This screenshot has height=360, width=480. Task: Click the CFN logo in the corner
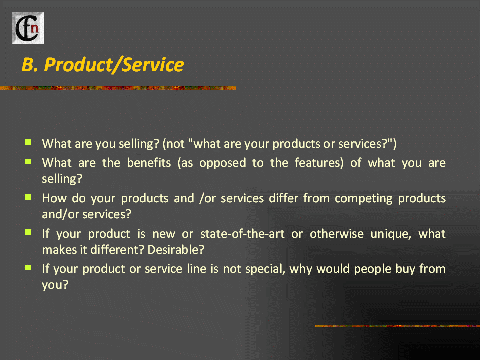tap(28, 28)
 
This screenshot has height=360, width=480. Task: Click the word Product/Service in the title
tap(114, 65)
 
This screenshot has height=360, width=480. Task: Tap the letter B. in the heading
tap(30, 65)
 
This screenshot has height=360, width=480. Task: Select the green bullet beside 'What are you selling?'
tap(28, 142)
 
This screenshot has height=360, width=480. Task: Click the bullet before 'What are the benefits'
tap(28, 161)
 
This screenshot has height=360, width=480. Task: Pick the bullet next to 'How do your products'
tap(28, 197)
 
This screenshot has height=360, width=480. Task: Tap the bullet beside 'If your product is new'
tap(28, 232)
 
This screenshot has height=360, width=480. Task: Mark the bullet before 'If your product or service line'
tap(28, 268)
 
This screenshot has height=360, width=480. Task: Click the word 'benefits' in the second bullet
tap(149, 163)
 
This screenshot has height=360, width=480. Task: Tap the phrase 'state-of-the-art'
tap(242, 234)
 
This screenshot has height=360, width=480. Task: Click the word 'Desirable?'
tap(176, 250)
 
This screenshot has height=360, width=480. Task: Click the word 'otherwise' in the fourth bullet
tap(337, 234)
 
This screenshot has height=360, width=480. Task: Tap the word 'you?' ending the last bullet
tap(55, 285)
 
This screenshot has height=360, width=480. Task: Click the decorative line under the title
tap(118, 88)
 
